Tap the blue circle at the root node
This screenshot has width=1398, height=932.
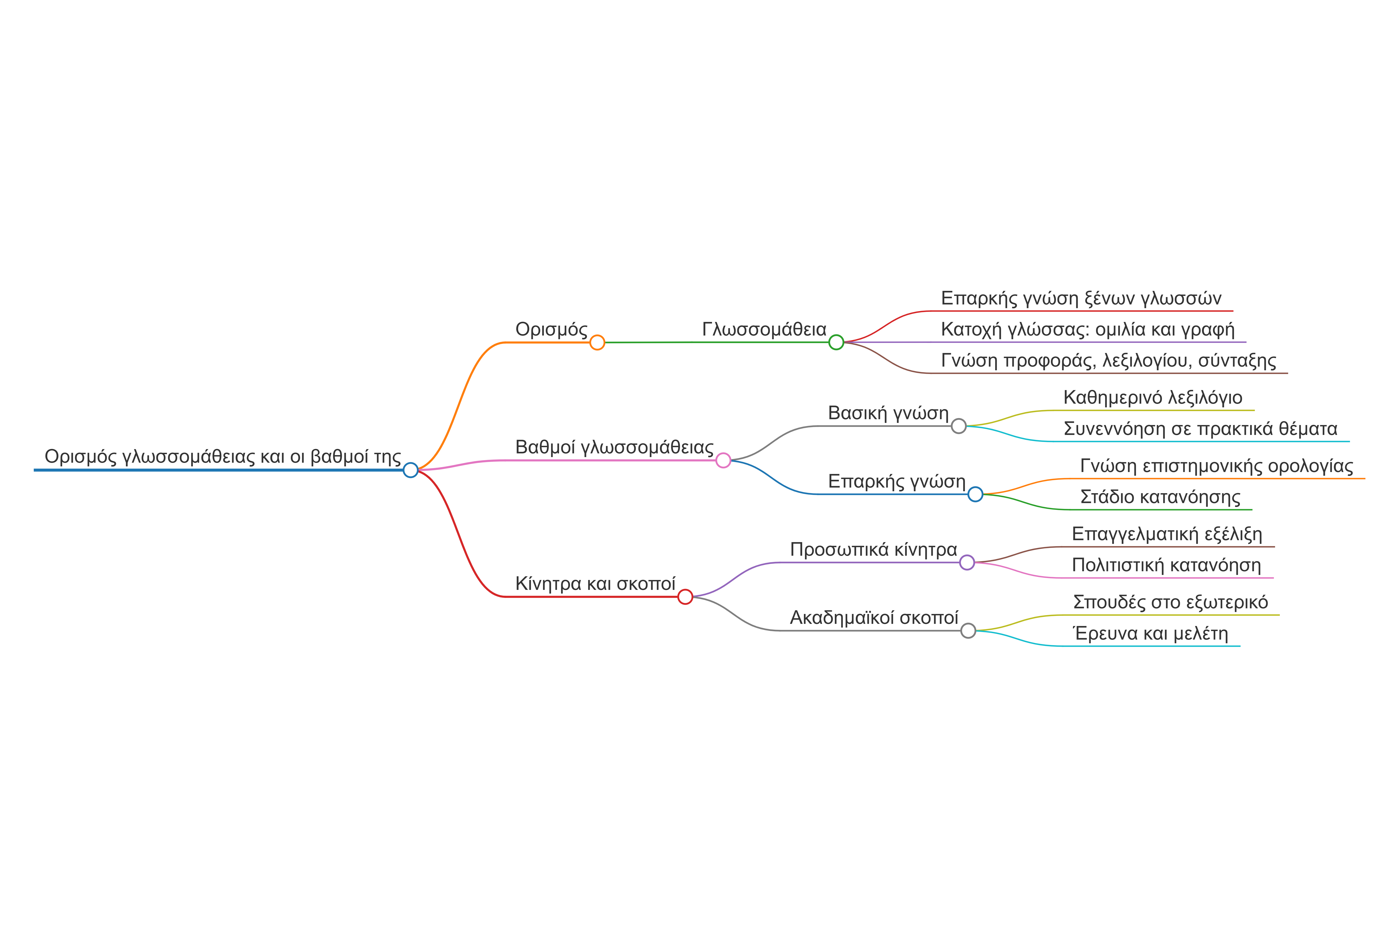click(411, 470)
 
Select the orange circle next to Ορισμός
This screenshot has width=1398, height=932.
click(597, 342)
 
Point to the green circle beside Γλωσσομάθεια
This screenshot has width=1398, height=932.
click(836, 342)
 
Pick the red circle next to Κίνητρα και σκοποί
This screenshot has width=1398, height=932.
click(685, 597)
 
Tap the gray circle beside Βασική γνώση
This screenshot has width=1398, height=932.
click(959, 426)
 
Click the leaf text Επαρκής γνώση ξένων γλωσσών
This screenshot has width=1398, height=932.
click(1081, 298)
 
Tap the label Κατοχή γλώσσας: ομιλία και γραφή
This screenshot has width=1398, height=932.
click(1088, 329)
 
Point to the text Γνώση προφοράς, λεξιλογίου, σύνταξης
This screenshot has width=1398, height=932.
click(1108, 361)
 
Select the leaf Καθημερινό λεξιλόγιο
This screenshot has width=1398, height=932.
click(1153, 398)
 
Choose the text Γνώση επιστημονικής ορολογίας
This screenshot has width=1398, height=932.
click(1217, 466)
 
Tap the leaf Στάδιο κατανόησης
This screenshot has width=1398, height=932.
click(1160, 497)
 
